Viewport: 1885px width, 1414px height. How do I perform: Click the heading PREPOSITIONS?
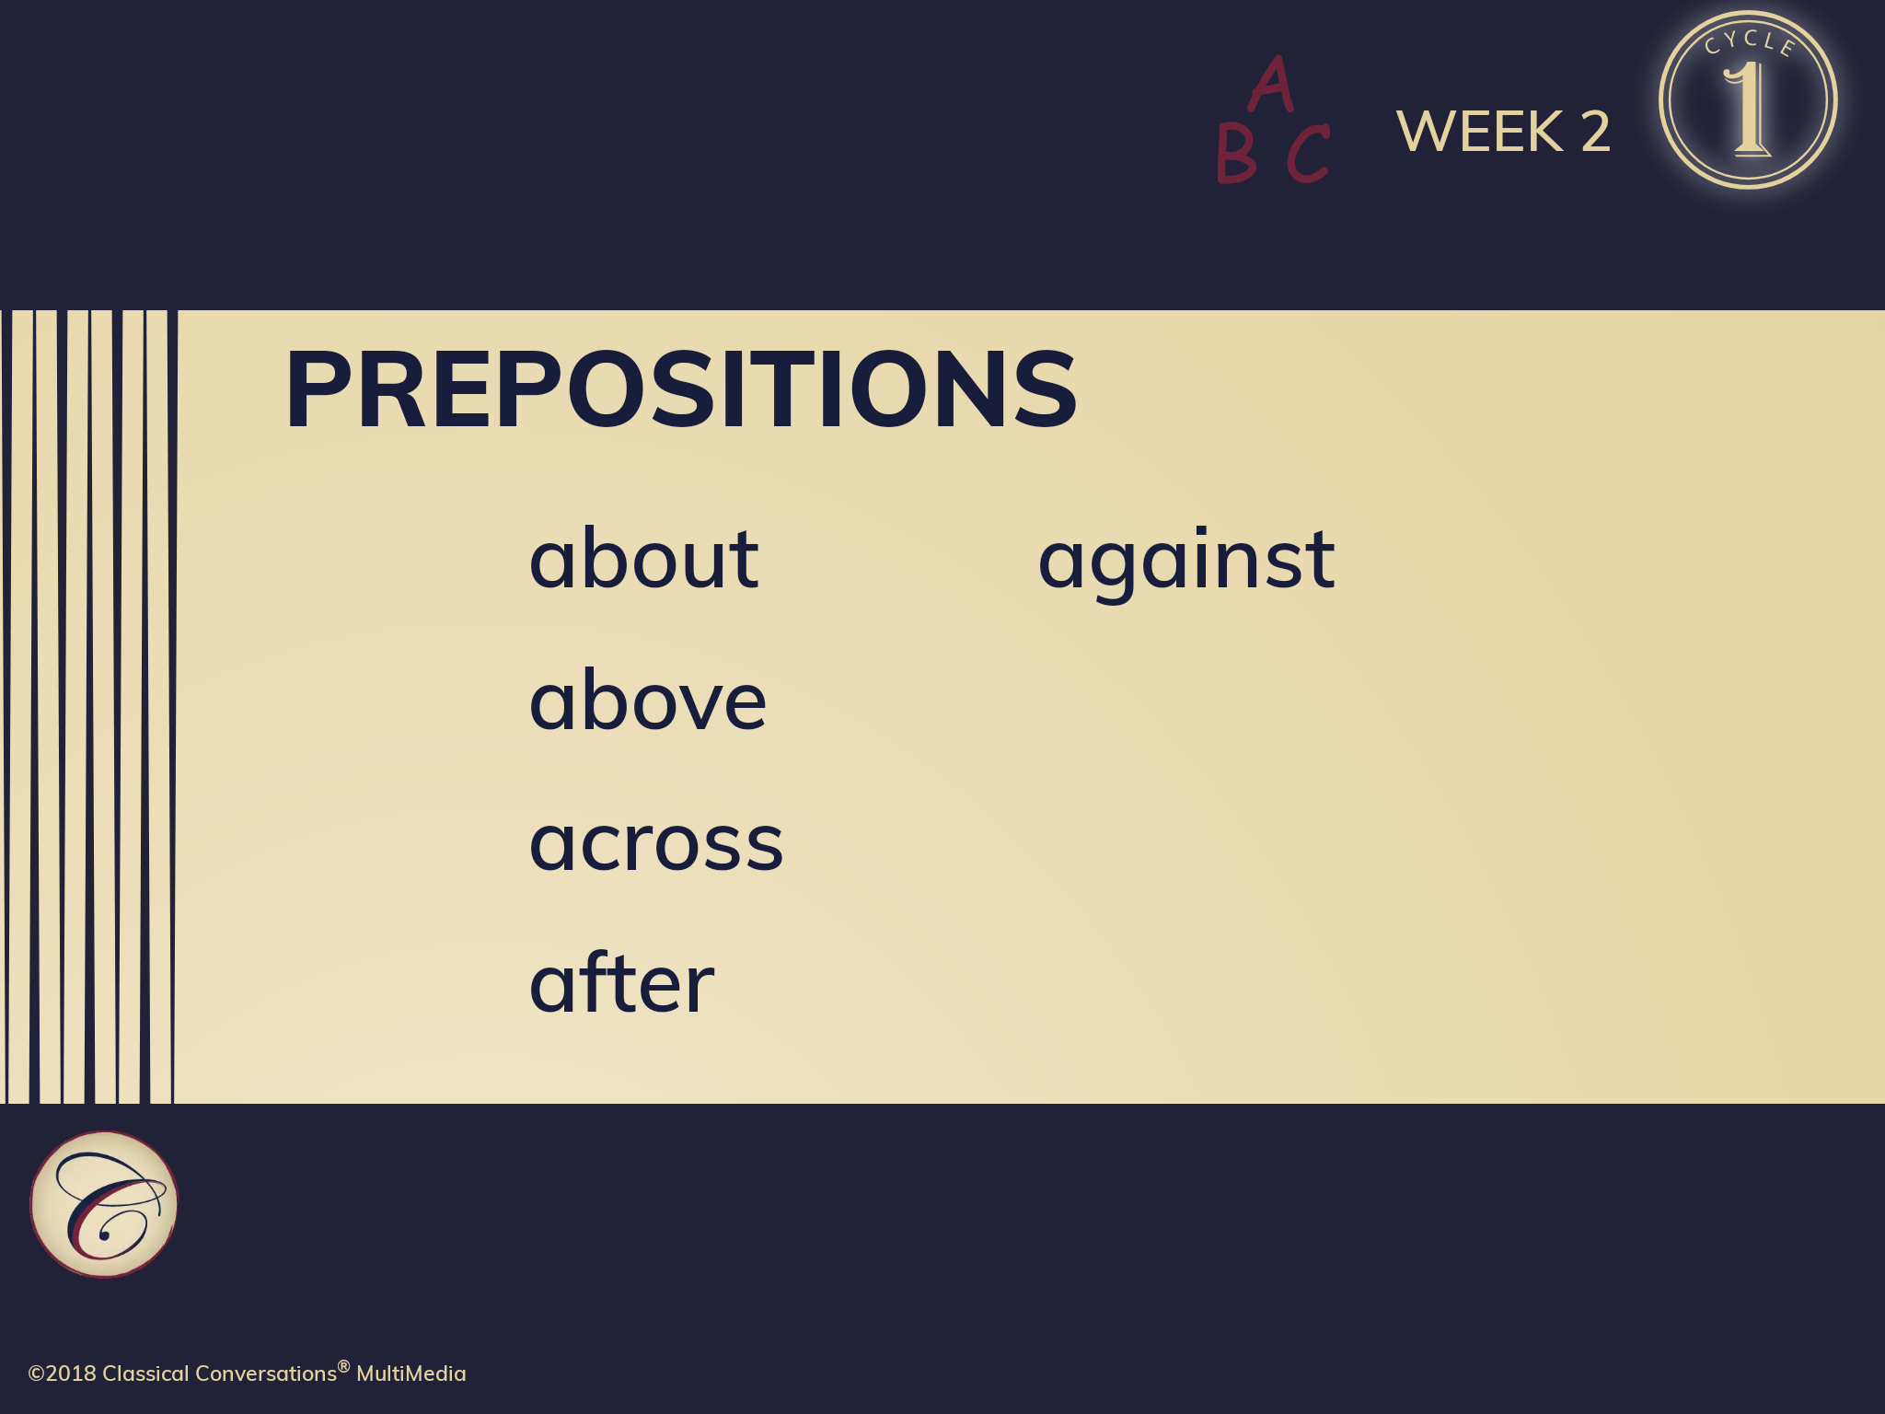click(681, 389)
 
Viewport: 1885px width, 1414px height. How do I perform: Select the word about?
click(643, 557)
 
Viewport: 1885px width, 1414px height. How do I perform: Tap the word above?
click(648, 699)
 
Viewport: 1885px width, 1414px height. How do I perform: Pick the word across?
click(656, 843)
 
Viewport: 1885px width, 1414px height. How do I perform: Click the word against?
click(1186, 562)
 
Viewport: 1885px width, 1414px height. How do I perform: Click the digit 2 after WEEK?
click(1596, 131)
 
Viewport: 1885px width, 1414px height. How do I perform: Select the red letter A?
click(1271, 83)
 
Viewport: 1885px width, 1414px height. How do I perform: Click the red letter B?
click(1236, 153)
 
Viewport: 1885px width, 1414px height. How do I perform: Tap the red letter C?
click(1308, 153)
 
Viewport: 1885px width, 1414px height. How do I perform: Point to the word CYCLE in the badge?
click(1750, 42)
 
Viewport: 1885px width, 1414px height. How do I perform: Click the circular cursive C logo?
click(104, 1204)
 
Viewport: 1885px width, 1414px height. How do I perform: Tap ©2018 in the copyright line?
click(63, 1373)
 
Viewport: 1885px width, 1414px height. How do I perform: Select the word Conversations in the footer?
click(266, 1373)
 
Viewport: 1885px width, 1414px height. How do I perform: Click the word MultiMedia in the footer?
click(411, 1373)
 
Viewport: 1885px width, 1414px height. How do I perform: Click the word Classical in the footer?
click(145, 1373)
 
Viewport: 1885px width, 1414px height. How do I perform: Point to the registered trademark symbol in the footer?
click(344, 1366)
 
